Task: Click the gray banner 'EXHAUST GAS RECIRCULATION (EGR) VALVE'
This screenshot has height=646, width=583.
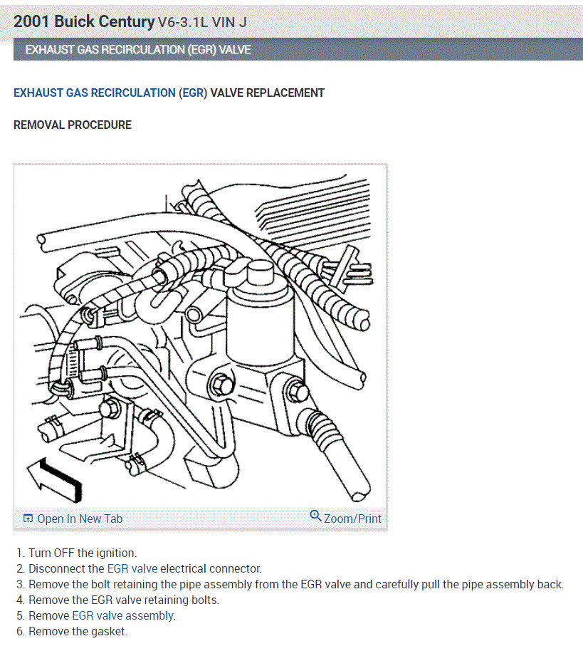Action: [138, 50]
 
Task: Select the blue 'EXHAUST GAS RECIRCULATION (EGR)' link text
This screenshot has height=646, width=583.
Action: [110, 93]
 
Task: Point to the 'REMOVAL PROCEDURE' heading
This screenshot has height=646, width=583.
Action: [73, 125]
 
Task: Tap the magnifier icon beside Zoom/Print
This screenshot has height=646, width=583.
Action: [315, 516]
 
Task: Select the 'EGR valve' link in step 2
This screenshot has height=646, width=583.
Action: [132, 568]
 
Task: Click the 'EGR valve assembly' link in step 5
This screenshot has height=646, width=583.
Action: [123, 615]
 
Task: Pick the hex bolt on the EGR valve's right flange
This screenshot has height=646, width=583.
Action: [295, 390]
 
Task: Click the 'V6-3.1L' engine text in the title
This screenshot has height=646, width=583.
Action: [182, 22]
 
